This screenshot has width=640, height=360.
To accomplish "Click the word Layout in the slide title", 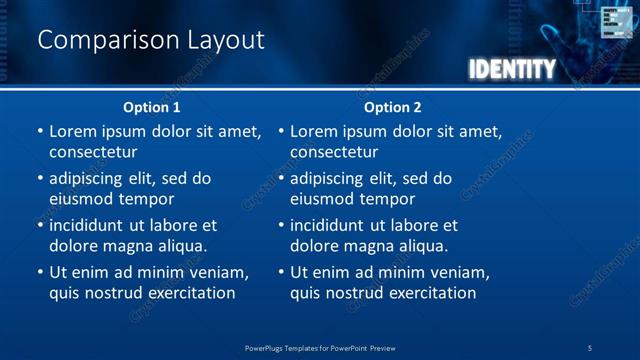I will [x=226, y=41].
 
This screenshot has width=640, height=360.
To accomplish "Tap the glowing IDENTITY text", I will [x=511, y=69].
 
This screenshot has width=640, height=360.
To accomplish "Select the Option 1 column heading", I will [x=152, y=107].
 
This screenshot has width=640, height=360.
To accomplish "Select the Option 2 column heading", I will [x=393, y=107].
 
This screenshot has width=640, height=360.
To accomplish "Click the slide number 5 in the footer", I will [x=590, y=347].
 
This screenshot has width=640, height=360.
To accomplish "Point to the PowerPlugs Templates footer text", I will [x=320, y=347].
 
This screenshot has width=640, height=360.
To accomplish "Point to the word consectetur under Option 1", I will [x=93, y=152].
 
